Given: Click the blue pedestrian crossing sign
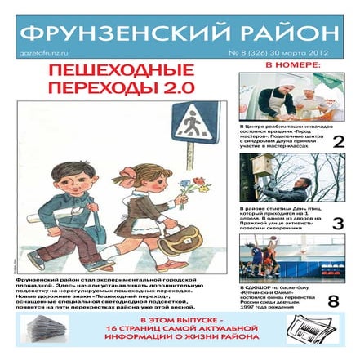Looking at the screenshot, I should point(193,122).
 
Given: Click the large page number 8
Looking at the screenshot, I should point(333,301).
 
